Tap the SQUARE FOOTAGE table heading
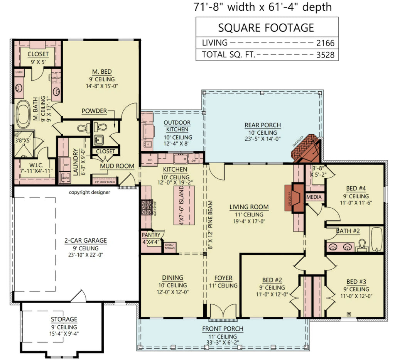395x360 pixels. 266,28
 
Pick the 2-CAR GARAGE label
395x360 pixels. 85,240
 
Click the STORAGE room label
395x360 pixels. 64,319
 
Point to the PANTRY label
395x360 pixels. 151,235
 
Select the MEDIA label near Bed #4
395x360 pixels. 314,197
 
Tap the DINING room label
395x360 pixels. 172,278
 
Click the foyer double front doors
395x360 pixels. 223,311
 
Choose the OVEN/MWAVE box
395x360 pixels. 170,247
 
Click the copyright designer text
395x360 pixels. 89,192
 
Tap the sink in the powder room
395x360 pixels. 98,140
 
